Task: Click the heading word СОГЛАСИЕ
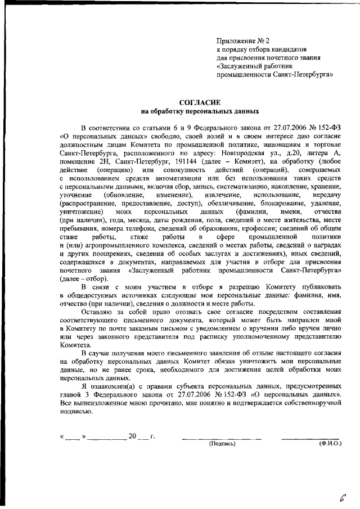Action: [x=196, y=102]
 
